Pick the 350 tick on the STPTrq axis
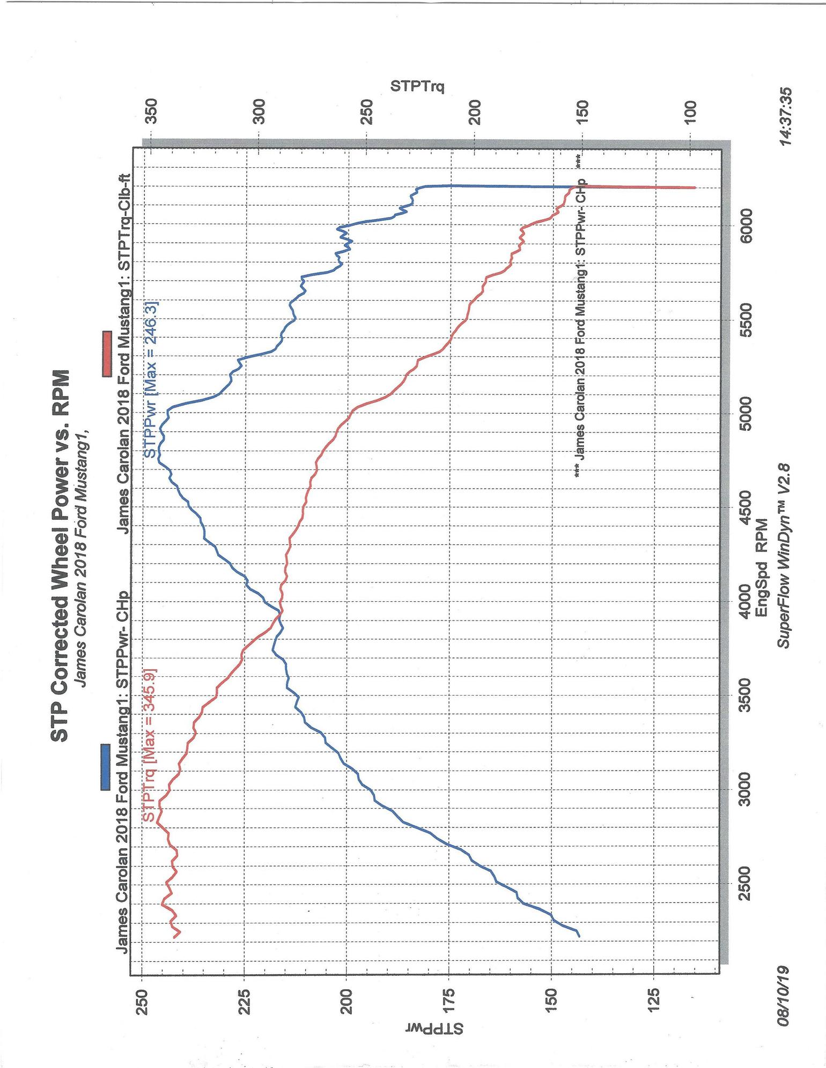tap(152, 112)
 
